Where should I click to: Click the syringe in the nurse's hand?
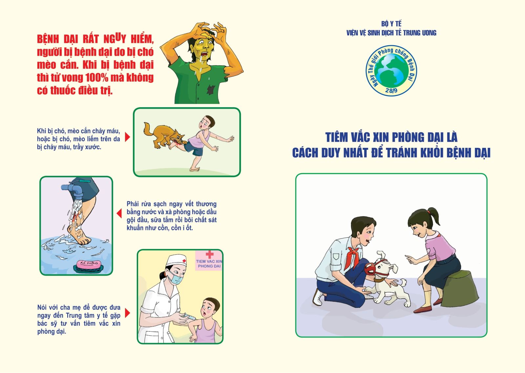point(189,317)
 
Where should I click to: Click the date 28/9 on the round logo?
point(391,90)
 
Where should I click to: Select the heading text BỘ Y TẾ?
point(391,24)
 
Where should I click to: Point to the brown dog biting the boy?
point(164,135)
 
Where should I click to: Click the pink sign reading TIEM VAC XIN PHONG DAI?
point(209,261)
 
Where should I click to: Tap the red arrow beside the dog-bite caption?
point(127,137)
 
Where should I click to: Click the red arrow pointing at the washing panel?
point(119,213)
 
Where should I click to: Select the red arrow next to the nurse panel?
point(128,313)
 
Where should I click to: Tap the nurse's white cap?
point(176,260)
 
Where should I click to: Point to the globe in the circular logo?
point(391,70)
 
